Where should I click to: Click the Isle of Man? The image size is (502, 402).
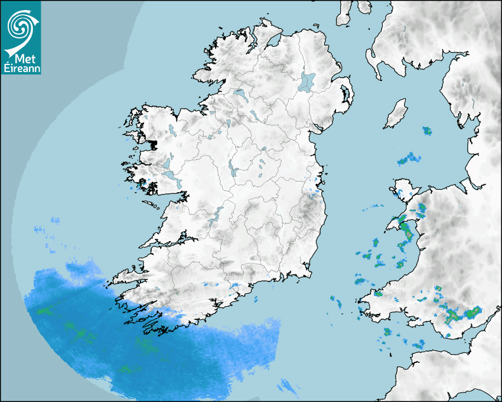point(396,114)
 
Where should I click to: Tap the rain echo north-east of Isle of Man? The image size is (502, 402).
point(426,131)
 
